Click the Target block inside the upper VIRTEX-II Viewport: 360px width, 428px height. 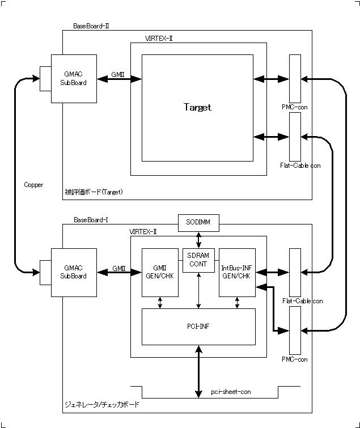click(197, 108)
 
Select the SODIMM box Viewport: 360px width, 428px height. click(198, 222)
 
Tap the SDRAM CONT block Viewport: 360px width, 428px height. click(198, 260)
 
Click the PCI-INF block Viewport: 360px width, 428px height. click(198, 327)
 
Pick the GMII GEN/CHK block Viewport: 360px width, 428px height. click(160, 272)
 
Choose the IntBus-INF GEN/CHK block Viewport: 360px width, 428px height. click(237, 272)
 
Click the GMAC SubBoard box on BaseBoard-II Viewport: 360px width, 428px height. click(74, 79)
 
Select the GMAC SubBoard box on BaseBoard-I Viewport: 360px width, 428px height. click(74, 272)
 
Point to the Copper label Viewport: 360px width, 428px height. click(33, 185)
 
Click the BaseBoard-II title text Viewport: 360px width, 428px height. click(91, 26)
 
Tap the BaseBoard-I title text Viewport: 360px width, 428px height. click(91, 219)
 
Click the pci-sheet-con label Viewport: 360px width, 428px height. click(231, 392)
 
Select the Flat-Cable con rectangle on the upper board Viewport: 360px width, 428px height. click(295, 137)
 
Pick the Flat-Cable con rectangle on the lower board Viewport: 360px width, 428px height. click(295, 272)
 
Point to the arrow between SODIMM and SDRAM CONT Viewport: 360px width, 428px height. click(198, 239)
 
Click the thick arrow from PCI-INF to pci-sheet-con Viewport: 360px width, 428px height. click(198, 371)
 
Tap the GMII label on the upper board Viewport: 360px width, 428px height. click(118, 74)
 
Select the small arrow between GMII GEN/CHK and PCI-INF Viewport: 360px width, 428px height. click(160, 303)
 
